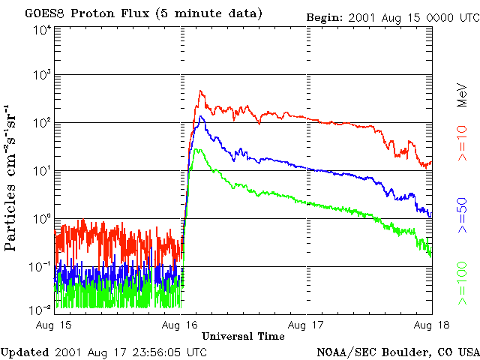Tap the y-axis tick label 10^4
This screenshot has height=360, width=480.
click(42, 29)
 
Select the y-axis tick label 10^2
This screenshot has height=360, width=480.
click(42, 123)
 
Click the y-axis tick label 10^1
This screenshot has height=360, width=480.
click(42, 171)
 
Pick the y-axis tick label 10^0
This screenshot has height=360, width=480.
click(42, 219)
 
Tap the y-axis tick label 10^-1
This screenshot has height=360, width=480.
click(41, 266)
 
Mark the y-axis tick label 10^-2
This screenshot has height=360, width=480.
click(41, 309)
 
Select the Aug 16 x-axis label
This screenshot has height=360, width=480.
click(181, 324)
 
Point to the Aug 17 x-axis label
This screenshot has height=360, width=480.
click(307, 324)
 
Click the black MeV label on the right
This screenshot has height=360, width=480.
click(463, 95)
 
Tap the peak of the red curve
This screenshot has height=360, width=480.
click(200, 91)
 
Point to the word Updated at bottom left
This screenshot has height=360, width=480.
click(25, 352)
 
